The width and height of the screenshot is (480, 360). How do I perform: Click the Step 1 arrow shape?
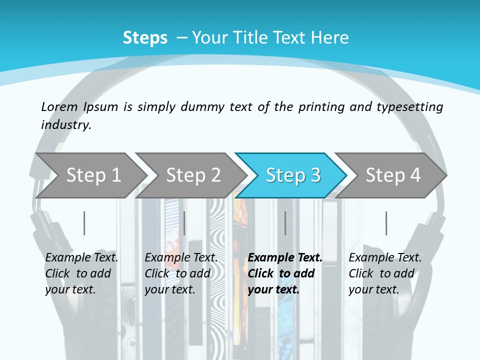pyautogui.click(x=93, y=175)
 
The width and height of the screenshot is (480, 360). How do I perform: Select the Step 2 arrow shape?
pyautogui.click(x=193, y=175)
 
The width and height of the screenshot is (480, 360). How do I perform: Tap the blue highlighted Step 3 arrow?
pyautogui.click(x=292, y=175)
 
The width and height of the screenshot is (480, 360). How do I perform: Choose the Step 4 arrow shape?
pyautogui.click(x=392, y=175)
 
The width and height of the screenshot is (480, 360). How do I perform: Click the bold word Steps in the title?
pyautogui.click(x=145, y=38)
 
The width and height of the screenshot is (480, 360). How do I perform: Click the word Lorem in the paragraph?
pyautogui.click(x=59, y=107)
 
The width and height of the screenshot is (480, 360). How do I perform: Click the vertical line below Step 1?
pyautogui.click(x=84, y=223)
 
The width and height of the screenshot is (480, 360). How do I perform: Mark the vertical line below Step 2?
pyautogui.click(x=184, y=223)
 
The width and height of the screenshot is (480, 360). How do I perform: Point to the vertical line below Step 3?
pyautogui.click(x=285, y=223)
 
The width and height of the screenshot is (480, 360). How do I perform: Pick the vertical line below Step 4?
pyautogui.click(x=386, y=223)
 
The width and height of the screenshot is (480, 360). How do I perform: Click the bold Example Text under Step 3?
pyautogui.click(x=285, y=258)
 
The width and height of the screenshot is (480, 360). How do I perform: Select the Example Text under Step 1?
pyautogui.click(x=81, y=258)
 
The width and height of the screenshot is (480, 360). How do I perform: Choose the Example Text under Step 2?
pyautogui.click(x=181, y=258)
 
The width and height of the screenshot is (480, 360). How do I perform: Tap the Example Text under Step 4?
pyautogui.click(x=385, y=258)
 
